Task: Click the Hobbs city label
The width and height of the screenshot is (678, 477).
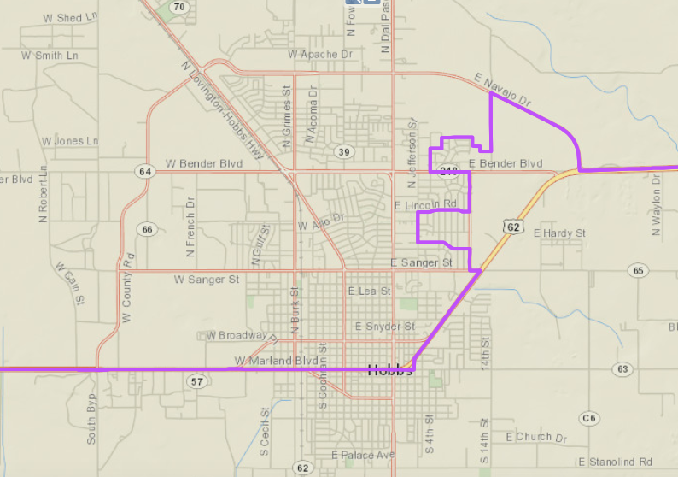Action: click(390, 370)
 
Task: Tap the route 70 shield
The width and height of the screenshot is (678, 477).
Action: click(178, 8)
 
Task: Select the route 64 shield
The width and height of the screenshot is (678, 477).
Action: click(145, 172)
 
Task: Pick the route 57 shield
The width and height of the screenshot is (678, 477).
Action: click(197, 381)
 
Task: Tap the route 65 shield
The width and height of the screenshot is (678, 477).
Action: click(638, 270)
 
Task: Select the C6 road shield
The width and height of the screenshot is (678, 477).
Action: click(588, 418)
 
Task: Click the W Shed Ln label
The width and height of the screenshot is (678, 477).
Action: click(52, 18)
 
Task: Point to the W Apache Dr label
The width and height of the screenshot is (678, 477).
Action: click(320, 54)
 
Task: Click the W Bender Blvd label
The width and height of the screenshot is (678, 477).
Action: click(204, 162)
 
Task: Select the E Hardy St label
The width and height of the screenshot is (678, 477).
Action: click(559, 233)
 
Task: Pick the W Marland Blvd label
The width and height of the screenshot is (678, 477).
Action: click(276, 361)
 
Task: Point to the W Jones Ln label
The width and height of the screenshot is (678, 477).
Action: click(70, 141)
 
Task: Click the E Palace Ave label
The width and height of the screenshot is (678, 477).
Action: click(363, 455)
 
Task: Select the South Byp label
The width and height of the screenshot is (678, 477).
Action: click(91, 418)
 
